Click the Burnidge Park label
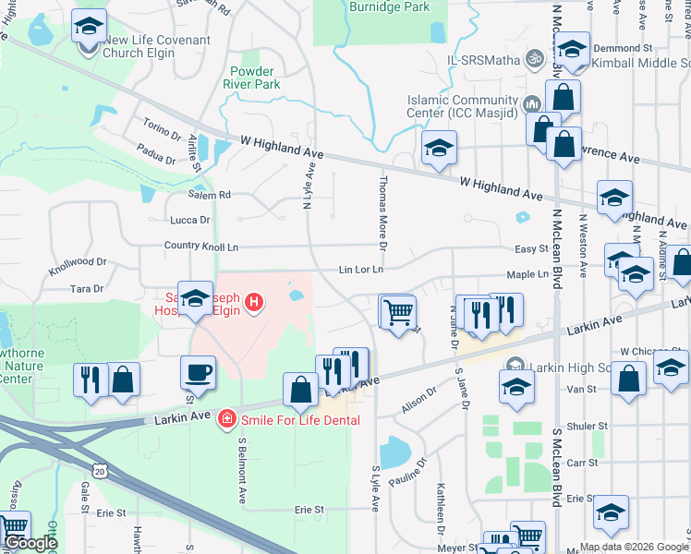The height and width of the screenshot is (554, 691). [x=390, y=6]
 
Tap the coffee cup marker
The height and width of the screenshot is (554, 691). [x=198, y=374]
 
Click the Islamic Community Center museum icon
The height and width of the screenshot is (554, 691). [x=532, y=102]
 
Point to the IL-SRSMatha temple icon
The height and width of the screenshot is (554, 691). [x=532, y=59]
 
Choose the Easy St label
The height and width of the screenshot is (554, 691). [x=531, y=249]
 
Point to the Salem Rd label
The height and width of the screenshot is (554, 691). [x=210, y=195]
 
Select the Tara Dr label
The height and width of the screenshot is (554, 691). [x=87, y=289]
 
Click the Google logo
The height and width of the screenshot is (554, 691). [x=30, y=543]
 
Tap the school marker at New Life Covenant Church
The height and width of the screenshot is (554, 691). [x=89, y=26]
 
